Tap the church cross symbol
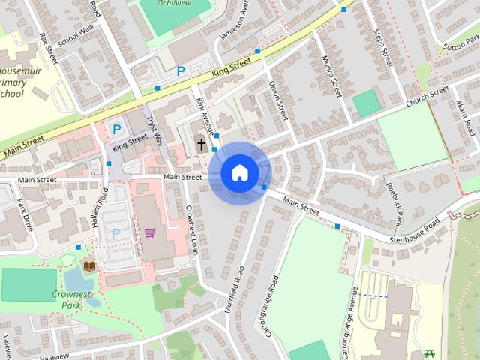click(x=201, y=143)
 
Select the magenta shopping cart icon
click(x=149, y=232)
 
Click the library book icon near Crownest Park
click(x=90, y=265)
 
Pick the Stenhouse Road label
click(x=414, y=232)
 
